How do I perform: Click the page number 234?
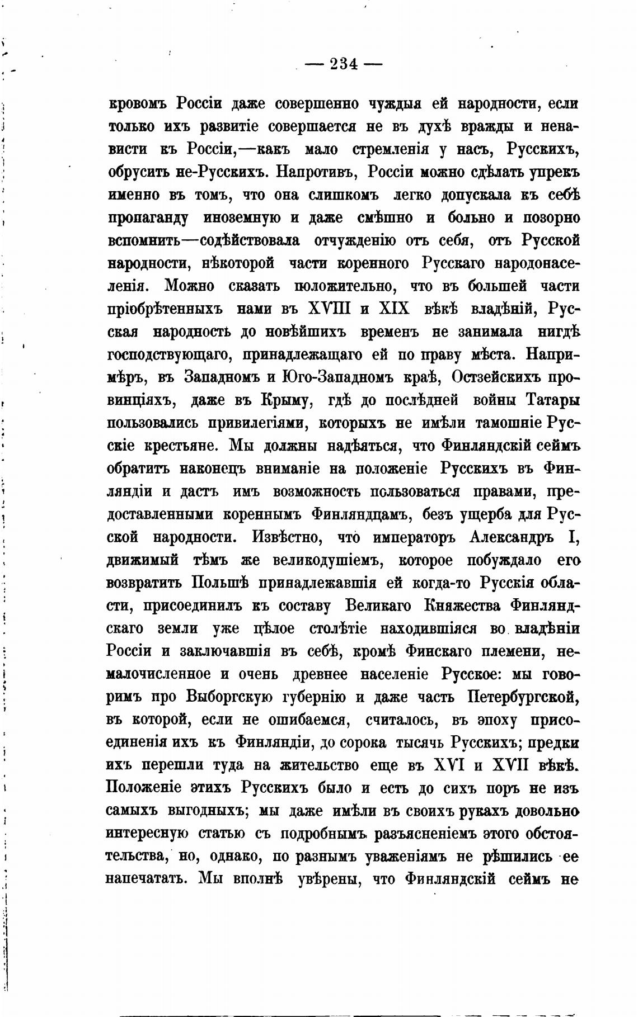tap(344, 64)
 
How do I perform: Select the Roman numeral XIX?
tap(395, 309)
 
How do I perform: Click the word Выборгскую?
tap(229, 697)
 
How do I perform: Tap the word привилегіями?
tap(257, 423)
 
